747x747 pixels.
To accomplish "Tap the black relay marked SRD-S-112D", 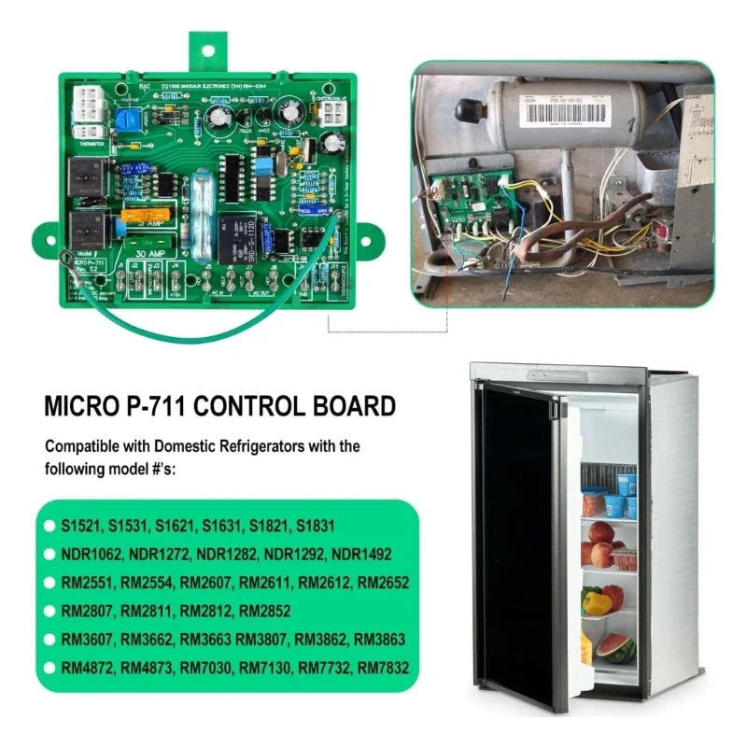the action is point(232,233).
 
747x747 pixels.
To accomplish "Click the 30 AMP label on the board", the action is point(151,251).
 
